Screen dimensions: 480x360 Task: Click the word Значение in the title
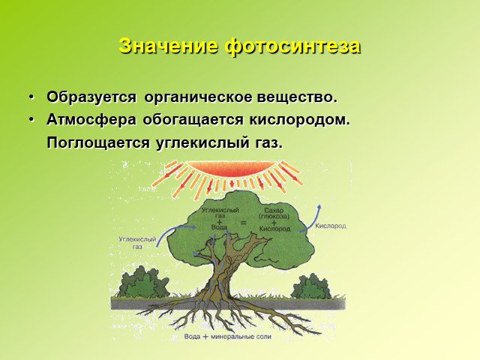pyautogui.click(x=168, y=46)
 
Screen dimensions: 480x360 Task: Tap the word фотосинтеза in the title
pyautogui.click(x=293, y=46)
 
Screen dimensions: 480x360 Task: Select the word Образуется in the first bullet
pyautogui.click(x=91, y=97)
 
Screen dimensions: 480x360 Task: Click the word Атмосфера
pyautogui.click(x=91, y=120)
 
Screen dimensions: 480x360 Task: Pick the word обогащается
pyautogui.click(x=193, y=120)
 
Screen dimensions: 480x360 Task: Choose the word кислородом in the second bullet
pyautogui.click(x=299, y=120)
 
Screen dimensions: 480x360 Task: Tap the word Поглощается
pyautogui.click(x=98, y=143)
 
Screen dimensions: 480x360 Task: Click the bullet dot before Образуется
pyautogui.click(x=31, y=97)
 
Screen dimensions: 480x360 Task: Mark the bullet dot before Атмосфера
pyautogui.click(x=31, y=120)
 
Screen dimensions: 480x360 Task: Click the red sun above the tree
pyautogui.click(x=232, y=169)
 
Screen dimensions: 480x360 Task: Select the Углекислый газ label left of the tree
pyautogui.click(x=137, y=243)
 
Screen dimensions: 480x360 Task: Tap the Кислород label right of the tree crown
pyautogui.click(x=331, y=226)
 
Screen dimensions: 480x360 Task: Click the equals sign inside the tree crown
pyautogui.click(x=243, y=223)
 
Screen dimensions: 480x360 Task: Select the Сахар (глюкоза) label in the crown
pyautogui.click(x=274, y=213)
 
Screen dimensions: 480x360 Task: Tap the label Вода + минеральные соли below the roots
pyautogui.click(x=228, y=337)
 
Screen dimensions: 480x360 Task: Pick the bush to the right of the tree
pyautogui.click(x=312, y=286)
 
